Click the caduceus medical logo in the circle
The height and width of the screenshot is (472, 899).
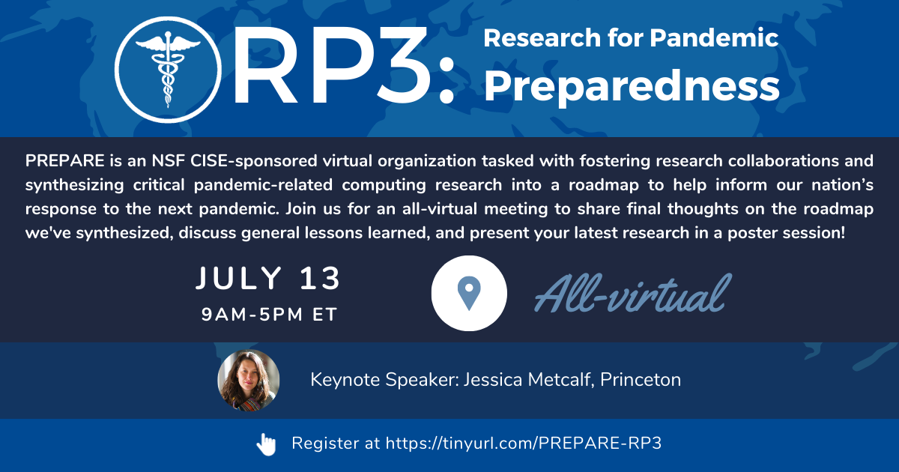(168, 70)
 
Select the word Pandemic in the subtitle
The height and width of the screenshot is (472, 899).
(714, 37)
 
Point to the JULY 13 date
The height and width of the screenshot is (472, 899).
(268, 278)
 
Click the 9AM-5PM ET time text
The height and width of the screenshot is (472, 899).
(269, 314)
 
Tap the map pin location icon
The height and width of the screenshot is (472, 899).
(469, 294)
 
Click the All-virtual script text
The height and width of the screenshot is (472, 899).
(633, 293)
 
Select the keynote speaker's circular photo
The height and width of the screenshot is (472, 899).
(249, 380)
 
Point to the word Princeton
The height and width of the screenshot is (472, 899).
(641, 379)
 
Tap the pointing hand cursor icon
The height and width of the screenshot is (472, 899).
(266, 444)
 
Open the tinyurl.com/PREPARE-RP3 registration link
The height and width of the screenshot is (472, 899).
(524, 443)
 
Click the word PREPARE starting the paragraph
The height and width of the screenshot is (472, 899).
(65, 161)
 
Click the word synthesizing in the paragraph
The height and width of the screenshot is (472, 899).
(75, 186)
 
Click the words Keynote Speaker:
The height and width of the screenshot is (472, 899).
(385, 380)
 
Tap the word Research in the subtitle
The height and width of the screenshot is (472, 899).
(542, 37)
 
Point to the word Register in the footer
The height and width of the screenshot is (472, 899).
(325, 444)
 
